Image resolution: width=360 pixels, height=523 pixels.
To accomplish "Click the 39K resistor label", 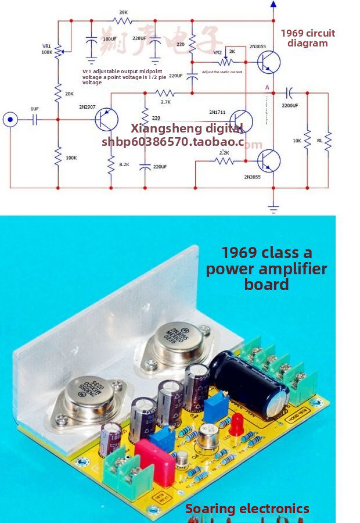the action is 123,12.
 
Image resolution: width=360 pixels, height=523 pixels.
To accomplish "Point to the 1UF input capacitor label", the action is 35,109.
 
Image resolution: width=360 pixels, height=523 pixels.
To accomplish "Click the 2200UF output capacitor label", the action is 290,106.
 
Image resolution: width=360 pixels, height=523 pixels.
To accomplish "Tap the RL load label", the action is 319,141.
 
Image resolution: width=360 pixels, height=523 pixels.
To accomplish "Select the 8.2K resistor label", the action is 124,165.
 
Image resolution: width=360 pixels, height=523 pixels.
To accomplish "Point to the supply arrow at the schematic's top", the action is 273,6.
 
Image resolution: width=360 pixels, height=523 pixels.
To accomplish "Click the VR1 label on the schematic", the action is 47,46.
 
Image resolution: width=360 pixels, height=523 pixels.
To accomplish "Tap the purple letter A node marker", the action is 267,88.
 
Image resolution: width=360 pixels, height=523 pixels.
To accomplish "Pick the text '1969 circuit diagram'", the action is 308,38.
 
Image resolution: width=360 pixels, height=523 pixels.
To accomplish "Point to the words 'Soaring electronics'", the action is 247,509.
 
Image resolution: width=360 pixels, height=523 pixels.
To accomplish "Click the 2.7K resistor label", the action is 165,102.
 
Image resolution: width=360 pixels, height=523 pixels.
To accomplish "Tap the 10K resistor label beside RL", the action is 297,141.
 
